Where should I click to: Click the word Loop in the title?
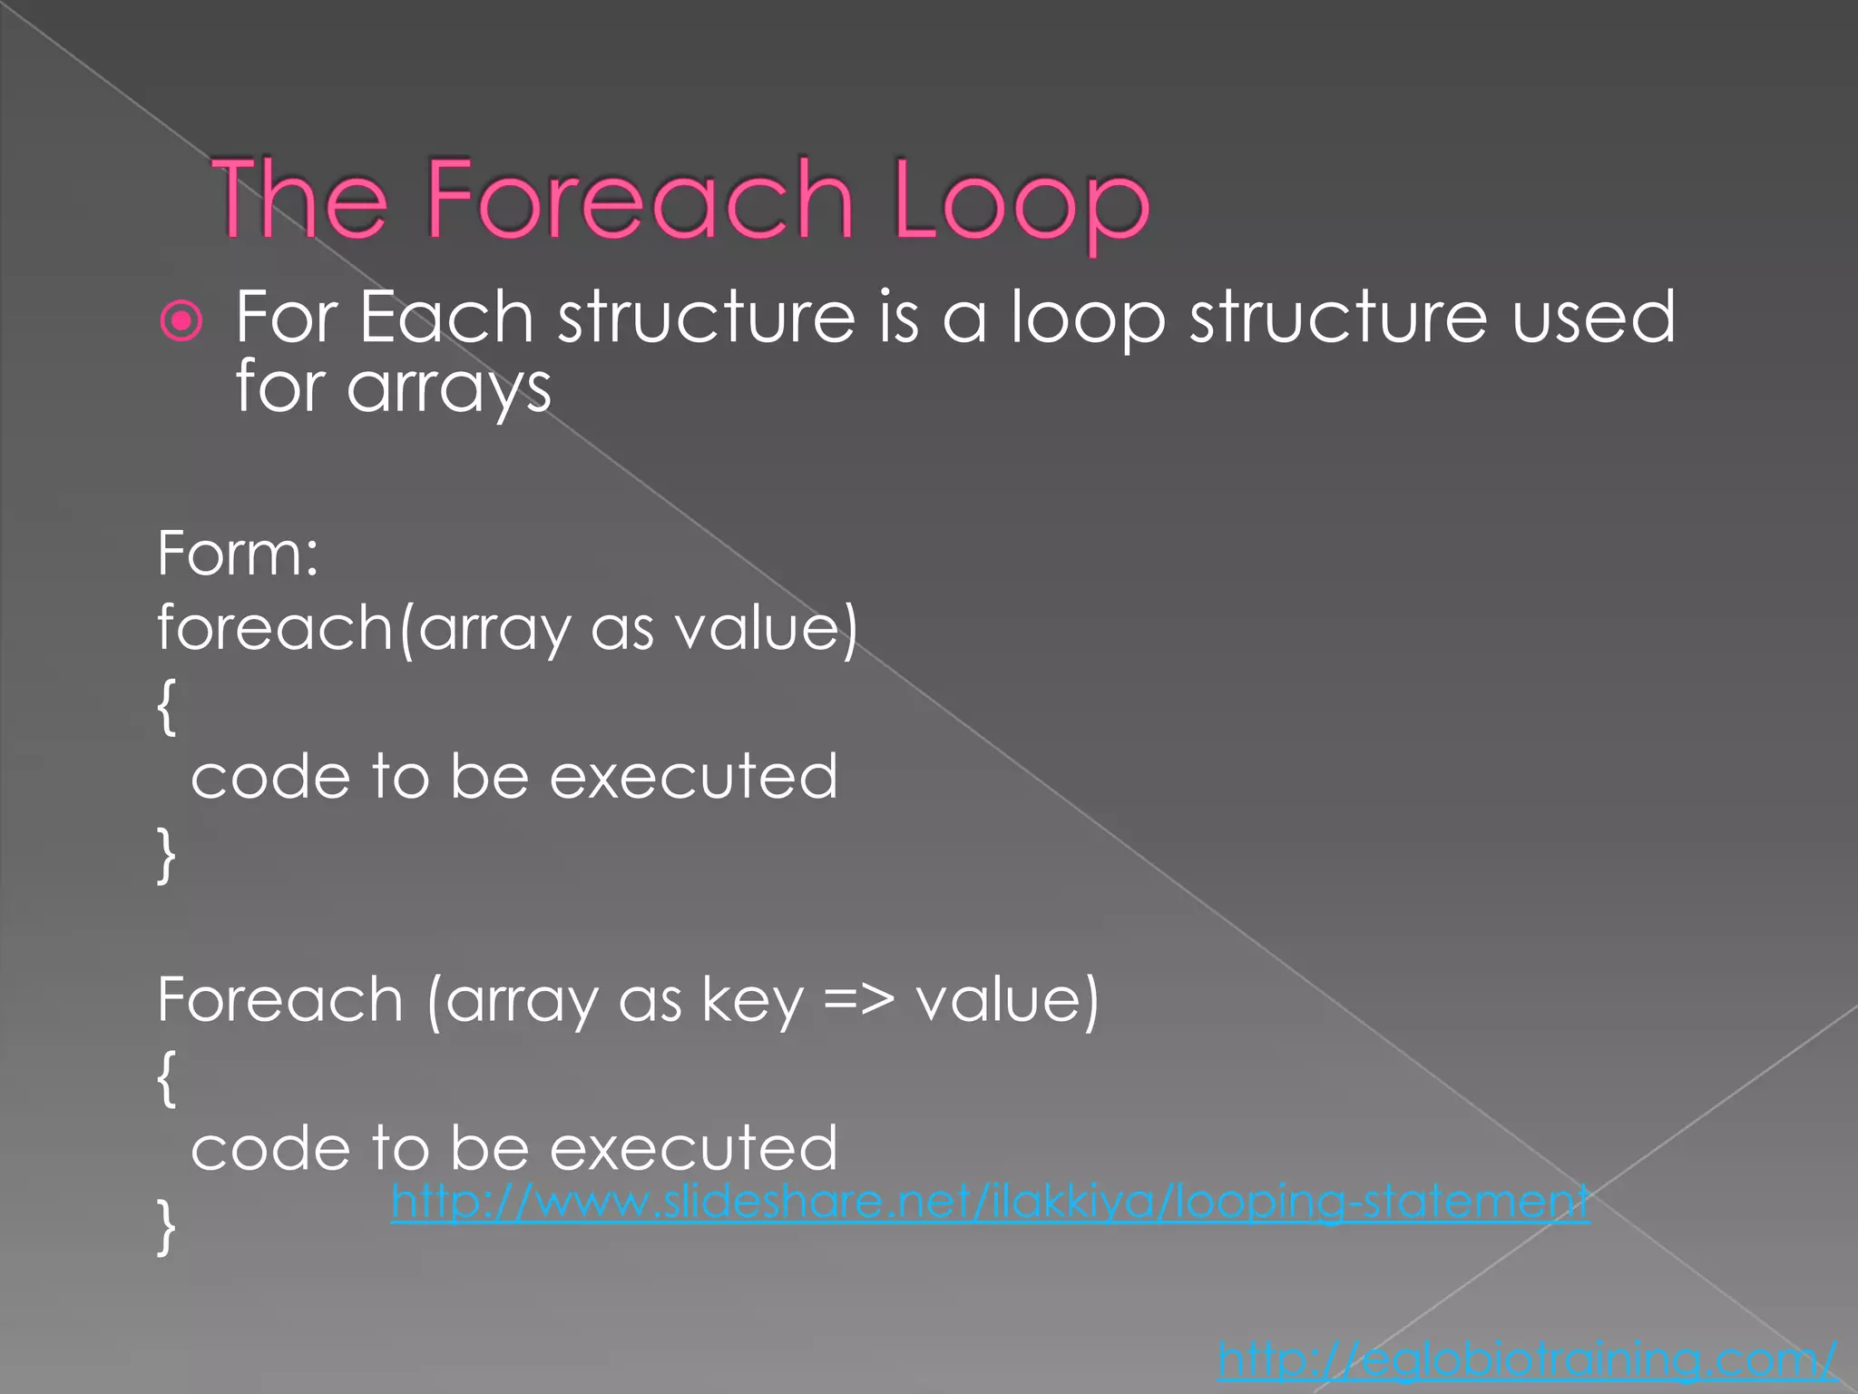click(x=1020, y=201)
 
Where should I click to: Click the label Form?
click(x=238, y=553)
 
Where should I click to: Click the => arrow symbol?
click(x=858, y=1000)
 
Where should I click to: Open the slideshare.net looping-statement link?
click(x=990, y=1202)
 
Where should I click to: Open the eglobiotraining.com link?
click(x=1527, y=1359)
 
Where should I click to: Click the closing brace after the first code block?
click(x=166, y=854)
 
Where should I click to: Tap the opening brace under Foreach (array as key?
click(x=166, y=1078)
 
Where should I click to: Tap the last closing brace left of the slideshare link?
click(x=166, y=1226)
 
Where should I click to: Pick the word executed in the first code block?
click(x=693, y=777)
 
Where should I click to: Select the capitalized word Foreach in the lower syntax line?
click(x=280, y=1000)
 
